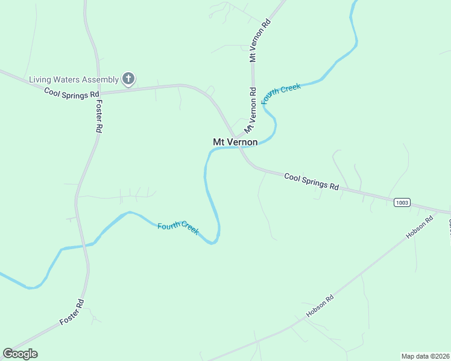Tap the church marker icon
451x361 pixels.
(128, 78)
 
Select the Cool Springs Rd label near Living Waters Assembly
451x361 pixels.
(71, 93)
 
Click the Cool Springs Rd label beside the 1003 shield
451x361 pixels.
(311, 182)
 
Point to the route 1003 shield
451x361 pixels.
(402, 203)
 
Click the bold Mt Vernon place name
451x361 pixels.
(235, 142)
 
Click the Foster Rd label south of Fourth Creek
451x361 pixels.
(72, 313)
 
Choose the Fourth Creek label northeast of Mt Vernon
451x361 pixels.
(282, 96)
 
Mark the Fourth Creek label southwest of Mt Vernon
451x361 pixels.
(178, 229)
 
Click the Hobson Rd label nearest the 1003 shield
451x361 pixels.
(420, 227)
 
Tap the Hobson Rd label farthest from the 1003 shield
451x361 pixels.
(320, 306)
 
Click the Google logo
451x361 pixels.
(20, 354)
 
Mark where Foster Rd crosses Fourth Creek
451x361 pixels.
(86, 244)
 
